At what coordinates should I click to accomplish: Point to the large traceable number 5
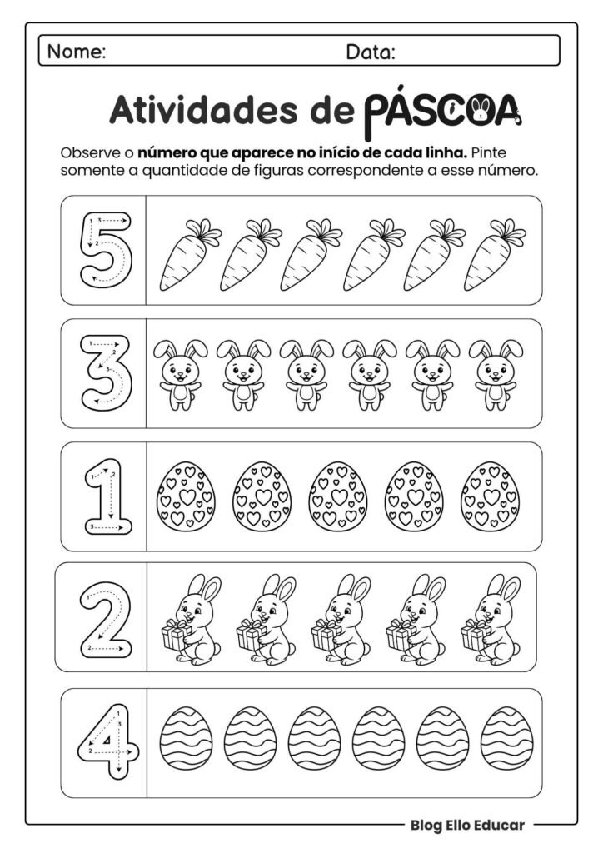click(104, 249)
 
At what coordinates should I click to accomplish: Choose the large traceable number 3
click(104, 372)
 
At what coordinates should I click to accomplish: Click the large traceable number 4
click(103, 741)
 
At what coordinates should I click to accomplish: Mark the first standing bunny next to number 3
click(177, 374)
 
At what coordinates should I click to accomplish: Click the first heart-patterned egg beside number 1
click(185, 496)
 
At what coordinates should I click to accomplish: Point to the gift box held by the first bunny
click(176, 636)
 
